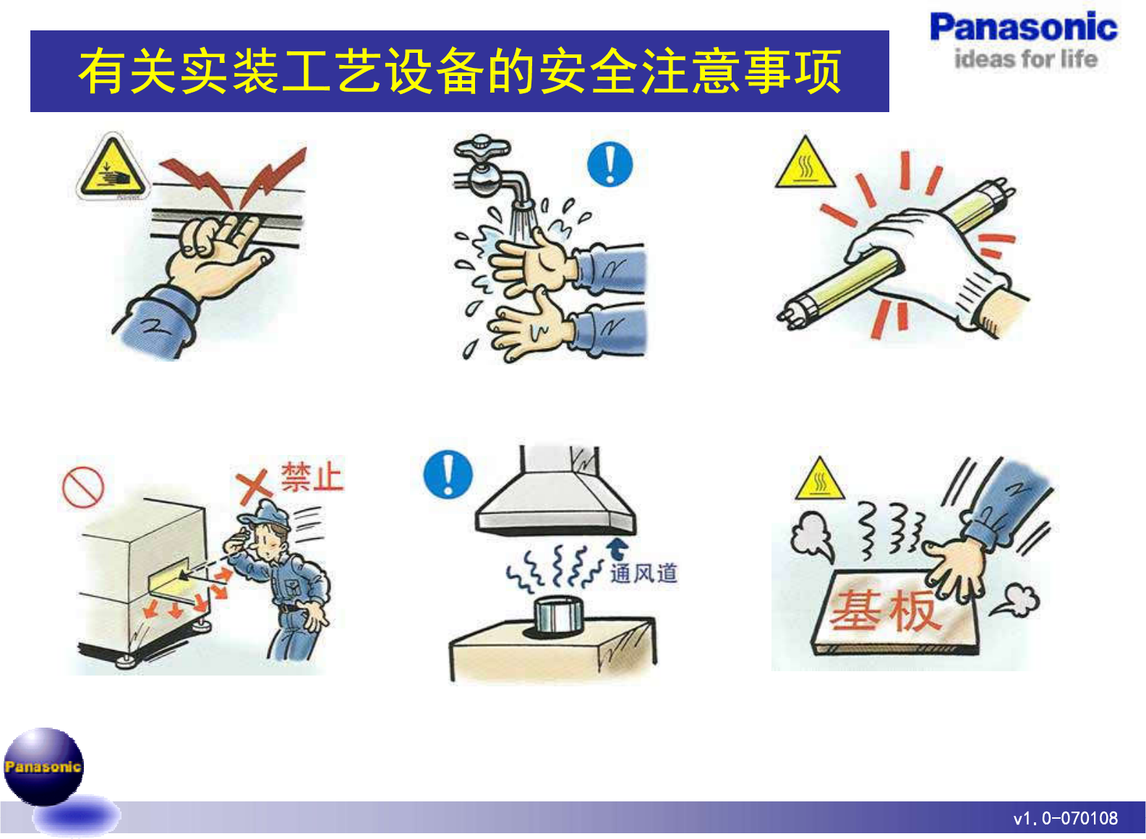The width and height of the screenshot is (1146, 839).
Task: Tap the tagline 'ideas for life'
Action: [1026, 59]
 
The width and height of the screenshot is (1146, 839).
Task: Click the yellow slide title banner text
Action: [459, 71]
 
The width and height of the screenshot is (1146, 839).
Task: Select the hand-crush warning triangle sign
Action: [113, 166]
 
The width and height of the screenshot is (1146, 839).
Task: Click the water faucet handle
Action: [482, 148]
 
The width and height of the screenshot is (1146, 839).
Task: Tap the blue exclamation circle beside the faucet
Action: [610, 164]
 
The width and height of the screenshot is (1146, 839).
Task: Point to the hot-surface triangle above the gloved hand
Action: [805, 163]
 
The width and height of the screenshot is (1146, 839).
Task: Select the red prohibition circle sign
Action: [83, 487]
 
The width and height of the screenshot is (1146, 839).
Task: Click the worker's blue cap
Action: [265, 514]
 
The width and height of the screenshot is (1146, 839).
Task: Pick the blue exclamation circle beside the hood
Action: [448, 474]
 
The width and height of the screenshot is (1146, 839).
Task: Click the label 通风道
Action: [643, 573]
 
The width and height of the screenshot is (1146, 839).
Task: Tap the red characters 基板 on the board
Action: [885, 610]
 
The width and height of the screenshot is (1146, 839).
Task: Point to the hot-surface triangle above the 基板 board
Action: [820, 479]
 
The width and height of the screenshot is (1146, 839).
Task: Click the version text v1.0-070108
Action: [1065, 818]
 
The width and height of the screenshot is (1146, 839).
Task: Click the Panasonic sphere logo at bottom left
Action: [43, 766]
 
